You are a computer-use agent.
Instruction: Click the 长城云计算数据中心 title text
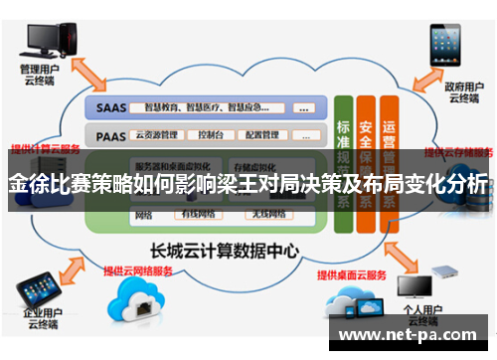point(232,251)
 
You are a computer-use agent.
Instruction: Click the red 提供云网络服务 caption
point(138,270)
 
